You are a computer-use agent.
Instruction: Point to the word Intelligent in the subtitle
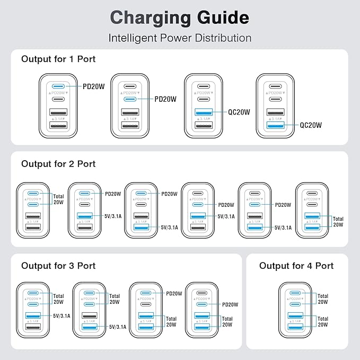point(133,38)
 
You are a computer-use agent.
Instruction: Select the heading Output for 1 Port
point(58,59)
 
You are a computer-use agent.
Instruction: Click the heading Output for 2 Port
point(58,164)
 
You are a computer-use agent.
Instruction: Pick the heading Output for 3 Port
point(58,265)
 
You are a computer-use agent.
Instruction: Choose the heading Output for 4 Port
point(296,266)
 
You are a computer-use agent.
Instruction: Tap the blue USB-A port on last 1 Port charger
point(275,125)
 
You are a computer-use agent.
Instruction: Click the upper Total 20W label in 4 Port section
point(322,300)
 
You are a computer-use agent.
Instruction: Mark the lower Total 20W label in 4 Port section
point(322,321)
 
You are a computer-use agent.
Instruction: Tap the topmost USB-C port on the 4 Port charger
point(295,293)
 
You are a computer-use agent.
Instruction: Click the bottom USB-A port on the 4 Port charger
point(295,326)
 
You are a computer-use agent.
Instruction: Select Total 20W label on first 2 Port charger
point(58,199)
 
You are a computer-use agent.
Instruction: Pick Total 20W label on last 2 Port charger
point(338,221)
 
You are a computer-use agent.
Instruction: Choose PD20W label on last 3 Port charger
point(230,304)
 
